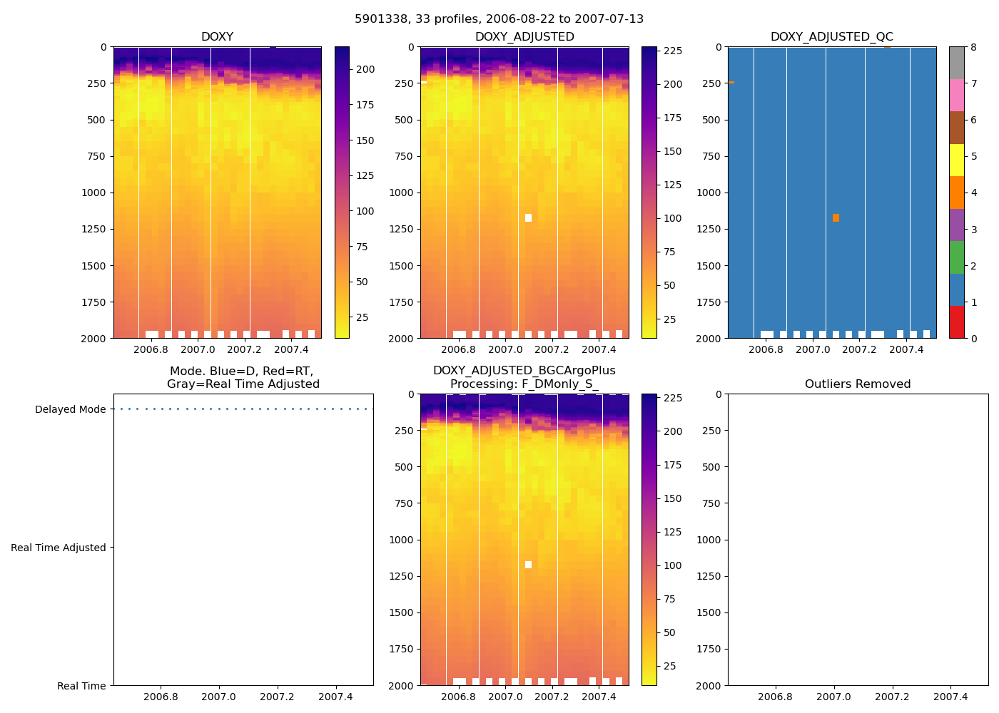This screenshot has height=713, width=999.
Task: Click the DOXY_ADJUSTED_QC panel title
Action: point(831,37)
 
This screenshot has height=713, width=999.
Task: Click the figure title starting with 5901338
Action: point(499,19)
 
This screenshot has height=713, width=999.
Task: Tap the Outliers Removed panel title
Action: point(858,384)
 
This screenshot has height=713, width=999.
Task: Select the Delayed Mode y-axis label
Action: point(70,410)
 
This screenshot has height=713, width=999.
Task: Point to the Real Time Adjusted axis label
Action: point(59,548)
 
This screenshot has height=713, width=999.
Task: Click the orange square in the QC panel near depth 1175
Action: point(836,218)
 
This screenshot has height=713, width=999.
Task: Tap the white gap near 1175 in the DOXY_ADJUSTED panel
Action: point(528,218)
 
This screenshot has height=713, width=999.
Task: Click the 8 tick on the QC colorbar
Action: point(974,47)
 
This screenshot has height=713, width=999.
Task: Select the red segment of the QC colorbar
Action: point(957,322)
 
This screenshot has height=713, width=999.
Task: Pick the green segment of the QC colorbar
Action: point(957,257)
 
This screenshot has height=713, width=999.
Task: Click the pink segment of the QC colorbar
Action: point(957,96)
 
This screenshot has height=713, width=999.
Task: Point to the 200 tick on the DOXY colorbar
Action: point(365,70)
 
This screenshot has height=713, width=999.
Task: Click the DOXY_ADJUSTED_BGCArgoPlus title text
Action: point(524,371)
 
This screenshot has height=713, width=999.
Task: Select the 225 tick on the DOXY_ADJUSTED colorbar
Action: point(673,51)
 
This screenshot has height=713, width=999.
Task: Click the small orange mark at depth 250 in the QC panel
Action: point(731,83)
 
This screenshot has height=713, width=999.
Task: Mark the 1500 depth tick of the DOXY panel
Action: point(93,266)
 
